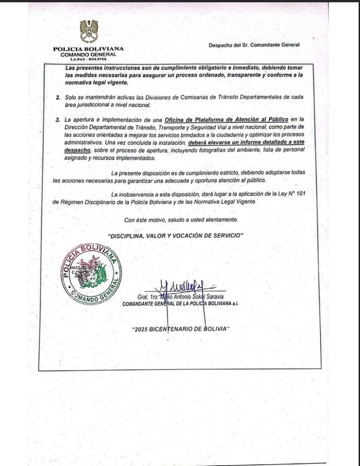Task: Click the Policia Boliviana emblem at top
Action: click(x=89, y=31)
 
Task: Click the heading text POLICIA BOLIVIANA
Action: click(x=89, y=49)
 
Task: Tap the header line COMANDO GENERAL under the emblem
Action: click(x=89, y=55)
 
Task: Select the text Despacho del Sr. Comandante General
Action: click(x=254, y=45)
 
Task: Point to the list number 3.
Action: click(x=58, y=120)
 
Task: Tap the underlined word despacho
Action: click(x=77, y=151)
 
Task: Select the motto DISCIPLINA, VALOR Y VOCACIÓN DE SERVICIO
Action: click(x=176, y=236)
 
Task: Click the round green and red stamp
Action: click(x=91, y=274)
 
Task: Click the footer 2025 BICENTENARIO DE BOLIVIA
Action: click(x=181, y=329)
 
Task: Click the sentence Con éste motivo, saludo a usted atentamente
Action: click(x=181, y=219)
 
